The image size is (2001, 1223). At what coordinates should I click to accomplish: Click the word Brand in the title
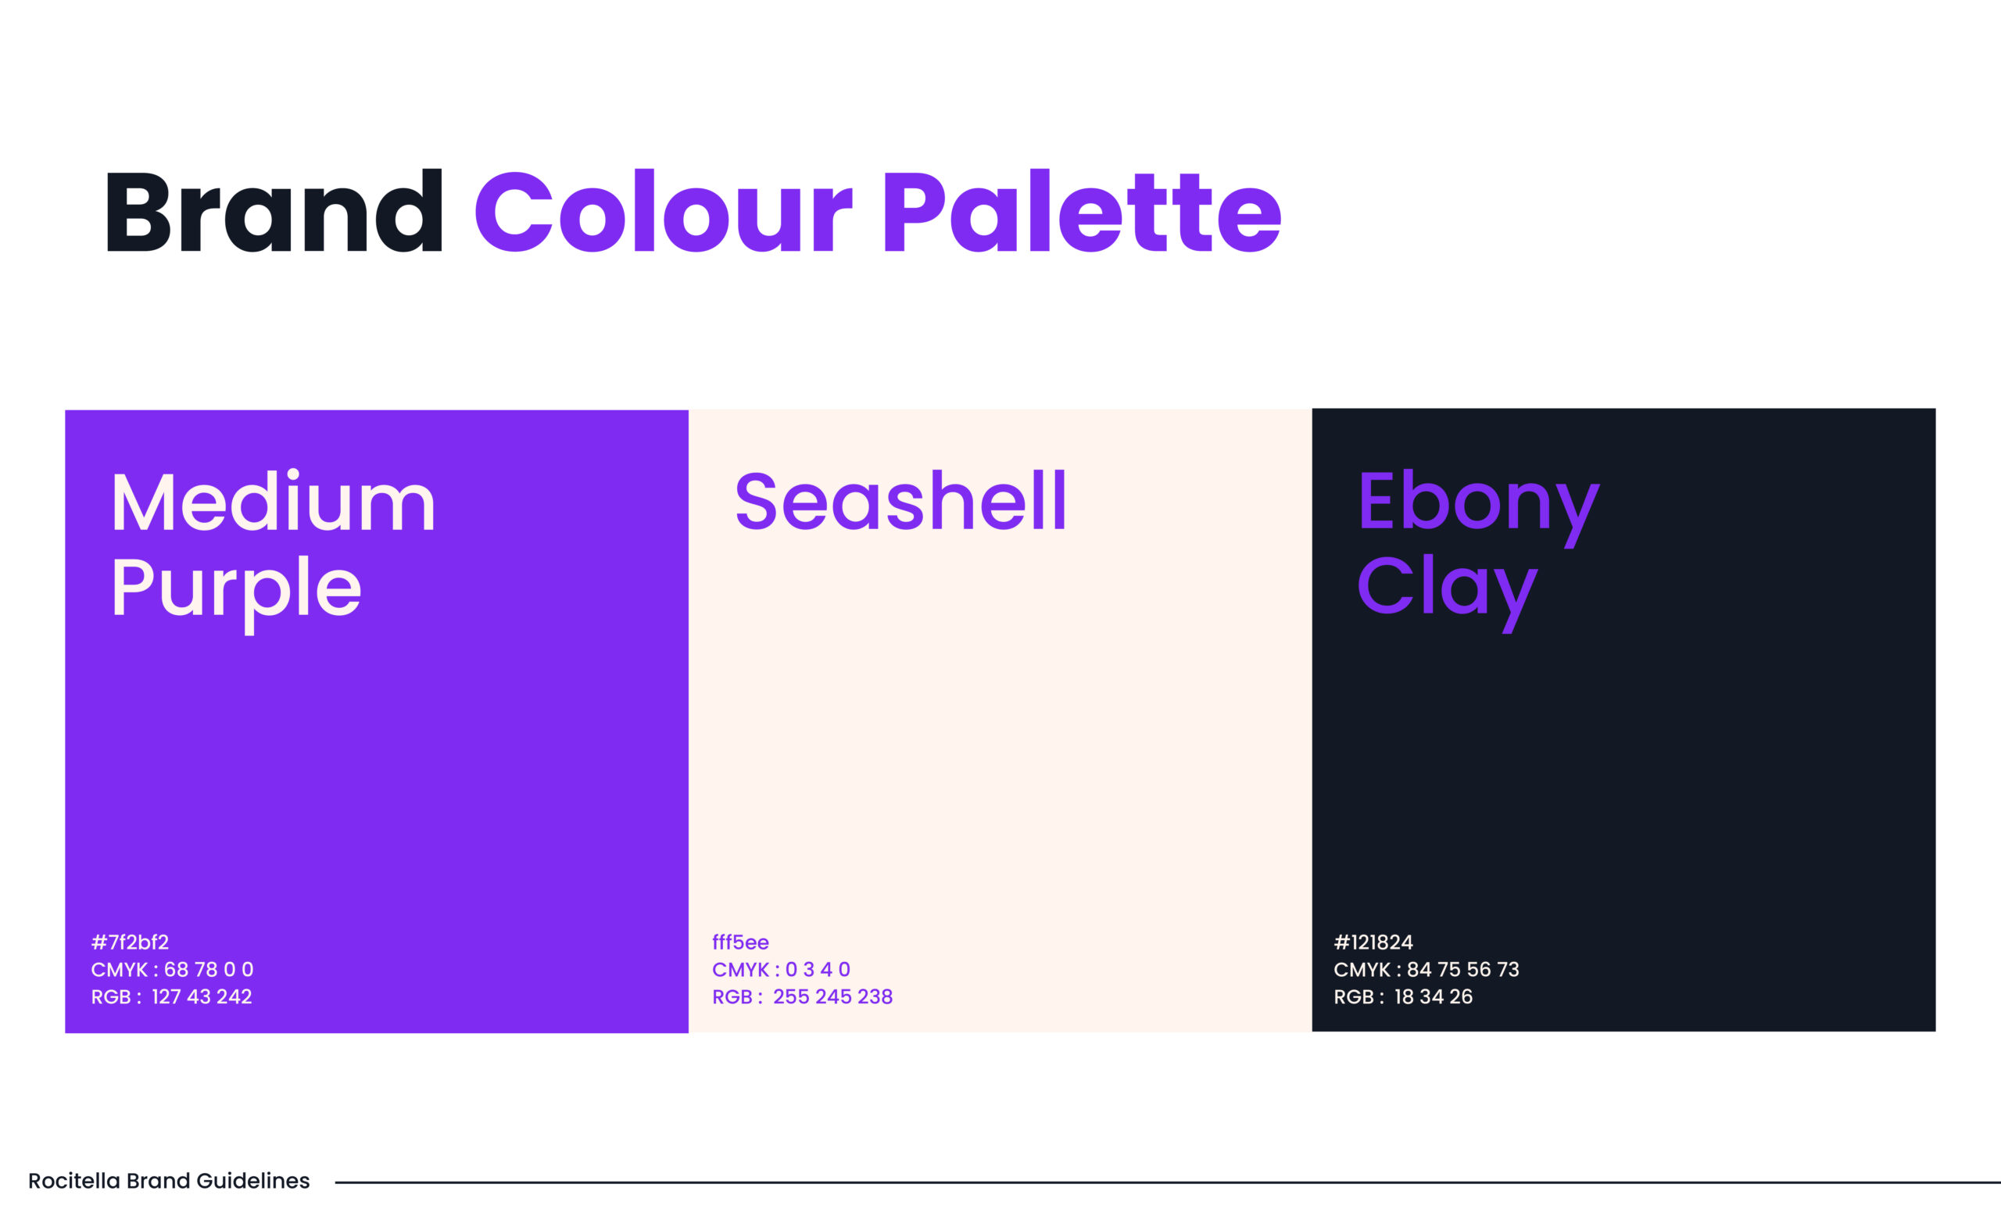[274, 211]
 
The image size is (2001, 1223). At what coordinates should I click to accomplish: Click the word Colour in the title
[664, 211]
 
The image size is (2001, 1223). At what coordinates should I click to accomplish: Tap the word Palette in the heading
[1083, 211]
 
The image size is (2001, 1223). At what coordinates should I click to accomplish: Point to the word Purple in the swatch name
[236, 592]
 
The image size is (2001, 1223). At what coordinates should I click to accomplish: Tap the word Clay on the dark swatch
[1447, 592]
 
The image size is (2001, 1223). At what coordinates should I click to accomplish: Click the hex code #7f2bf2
[130, 942]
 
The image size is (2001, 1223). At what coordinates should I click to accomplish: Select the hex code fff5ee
[741, 942]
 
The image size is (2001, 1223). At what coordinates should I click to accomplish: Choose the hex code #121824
[1373, 942]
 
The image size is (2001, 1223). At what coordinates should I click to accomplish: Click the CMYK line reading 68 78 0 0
[172, 970]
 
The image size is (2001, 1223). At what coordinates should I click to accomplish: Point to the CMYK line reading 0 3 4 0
[781, 970]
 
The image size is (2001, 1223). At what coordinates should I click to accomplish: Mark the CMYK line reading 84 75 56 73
[1426, 970]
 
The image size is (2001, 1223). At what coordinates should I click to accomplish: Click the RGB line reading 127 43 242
[171, 996]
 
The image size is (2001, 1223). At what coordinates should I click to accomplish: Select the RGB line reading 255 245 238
[802, 996]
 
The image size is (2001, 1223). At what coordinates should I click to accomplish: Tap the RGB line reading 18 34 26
[1402, 996]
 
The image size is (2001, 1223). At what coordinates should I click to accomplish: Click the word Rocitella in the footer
[74, 1181]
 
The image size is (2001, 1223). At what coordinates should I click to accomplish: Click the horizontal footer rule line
[1168, 1182]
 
